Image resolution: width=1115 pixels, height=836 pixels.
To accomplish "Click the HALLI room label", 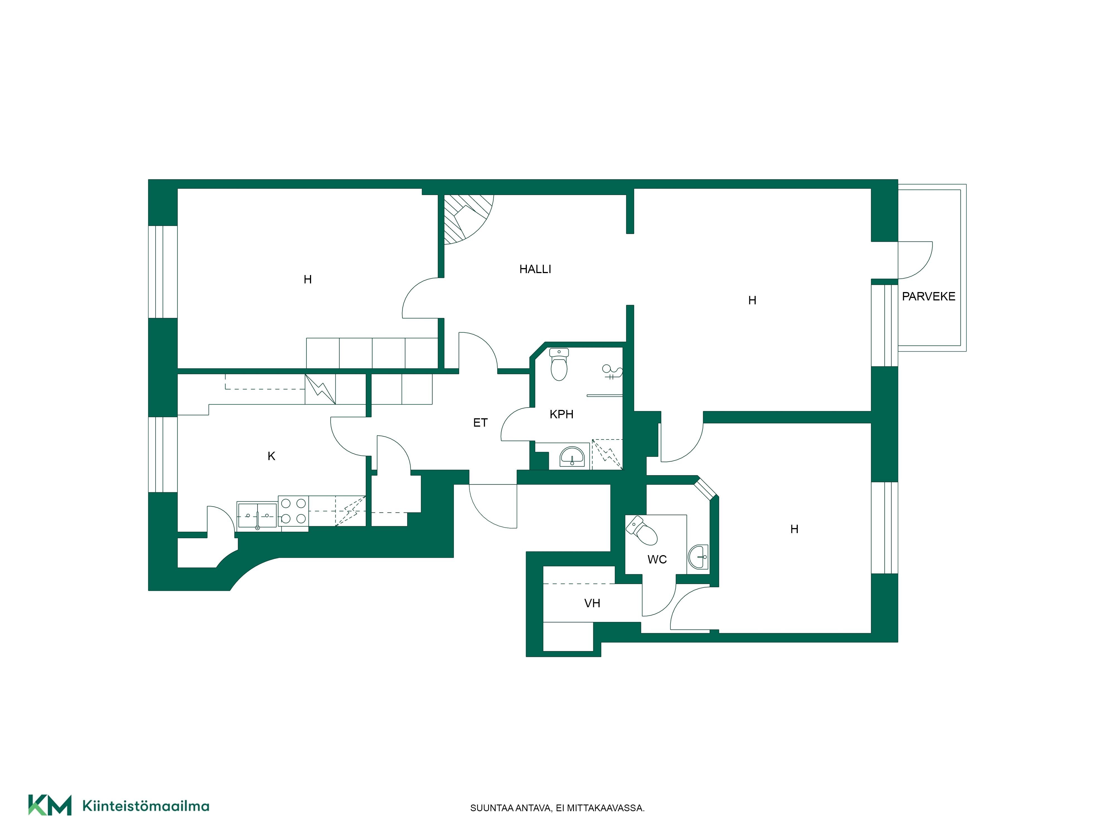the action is pos(535,269).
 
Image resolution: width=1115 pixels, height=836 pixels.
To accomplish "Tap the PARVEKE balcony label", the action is pos(929,296).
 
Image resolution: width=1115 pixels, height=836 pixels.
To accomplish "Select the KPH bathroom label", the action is pos(561,414).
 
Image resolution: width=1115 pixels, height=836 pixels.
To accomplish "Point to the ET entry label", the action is pos(480,423).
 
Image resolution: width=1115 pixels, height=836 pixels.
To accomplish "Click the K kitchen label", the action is pos(271,456).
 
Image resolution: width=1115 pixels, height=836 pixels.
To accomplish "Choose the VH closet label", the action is pos(592,603).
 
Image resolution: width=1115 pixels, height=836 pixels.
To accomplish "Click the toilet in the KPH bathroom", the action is pos(559,364).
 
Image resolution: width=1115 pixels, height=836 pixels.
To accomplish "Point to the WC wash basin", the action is pos(698,557).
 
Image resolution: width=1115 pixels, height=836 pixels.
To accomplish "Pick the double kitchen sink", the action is pos(257,515).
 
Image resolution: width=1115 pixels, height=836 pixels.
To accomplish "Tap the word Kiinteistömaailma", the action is pos(146,806).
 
